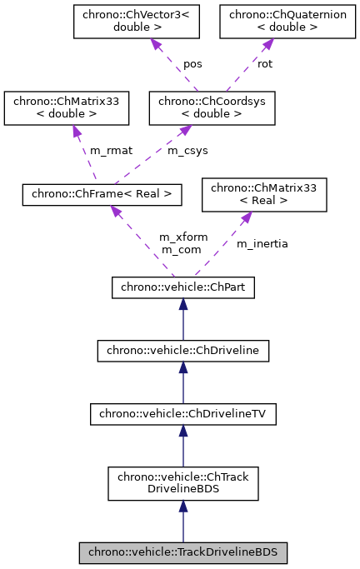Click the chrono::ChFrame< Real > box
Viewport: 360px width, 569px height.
102,194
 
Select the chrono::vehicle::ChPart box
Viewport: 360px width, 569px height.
182,287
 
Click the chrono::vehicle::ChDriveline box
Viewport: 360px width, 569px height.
182,351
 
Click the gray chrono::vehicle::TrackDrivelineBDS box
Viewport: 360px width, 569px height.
182,552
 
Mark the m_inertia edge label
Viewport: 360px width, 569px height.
262,243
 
